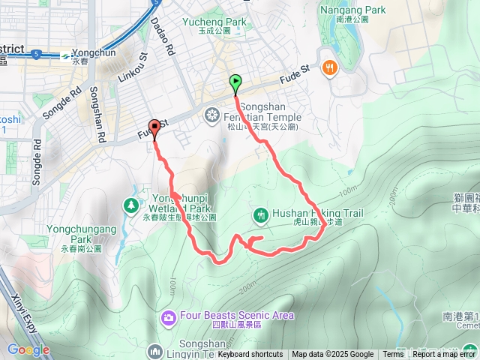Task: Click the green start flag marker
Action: point(236,82)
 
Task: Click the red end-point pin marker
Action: point(154,127)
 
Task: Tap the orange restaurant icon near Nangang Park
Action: point(328,68)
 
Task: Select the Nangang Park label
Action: point(352,10)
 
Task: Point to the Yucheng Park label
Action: point(214,22)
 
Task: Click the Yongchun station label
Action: point(94,54)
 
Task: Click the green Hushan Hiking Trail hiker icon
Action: point(260,214)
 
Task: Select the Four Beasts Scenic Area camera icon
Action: point(168,319)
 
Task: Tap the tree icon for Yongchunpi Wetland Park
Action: point(131,204)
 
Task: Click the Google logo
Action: point(28,349)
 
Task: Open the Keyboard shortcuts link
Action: point(250,355)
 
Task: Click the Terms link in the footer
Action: point(393,355)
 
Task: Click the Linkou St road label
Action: point(133,68)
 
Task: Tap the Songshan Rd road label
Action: point(95,112)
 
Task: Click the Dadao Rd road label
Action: point(162,38)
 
